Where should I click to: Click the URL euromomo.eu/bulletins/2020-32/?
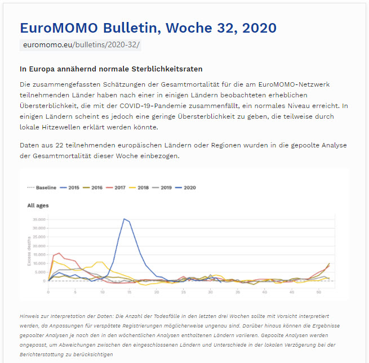[x=81, y=44]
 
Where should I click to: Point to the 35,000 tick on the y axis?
[x=38, y=219]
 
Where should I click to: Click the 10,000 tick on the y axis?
[x=38, y=263]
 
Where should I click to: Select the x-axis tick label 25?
[x=184, y=292]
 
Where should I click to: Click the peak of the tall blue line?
[x=124, y=219]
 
